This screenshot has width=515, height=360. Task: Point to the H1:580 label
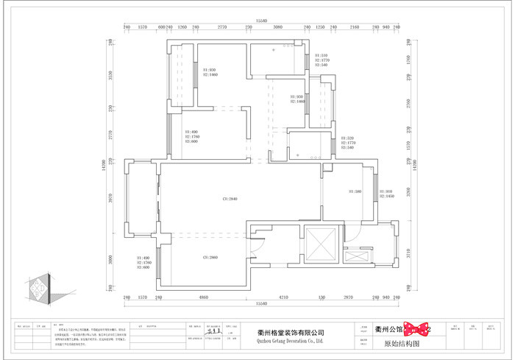coord(355,191)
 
